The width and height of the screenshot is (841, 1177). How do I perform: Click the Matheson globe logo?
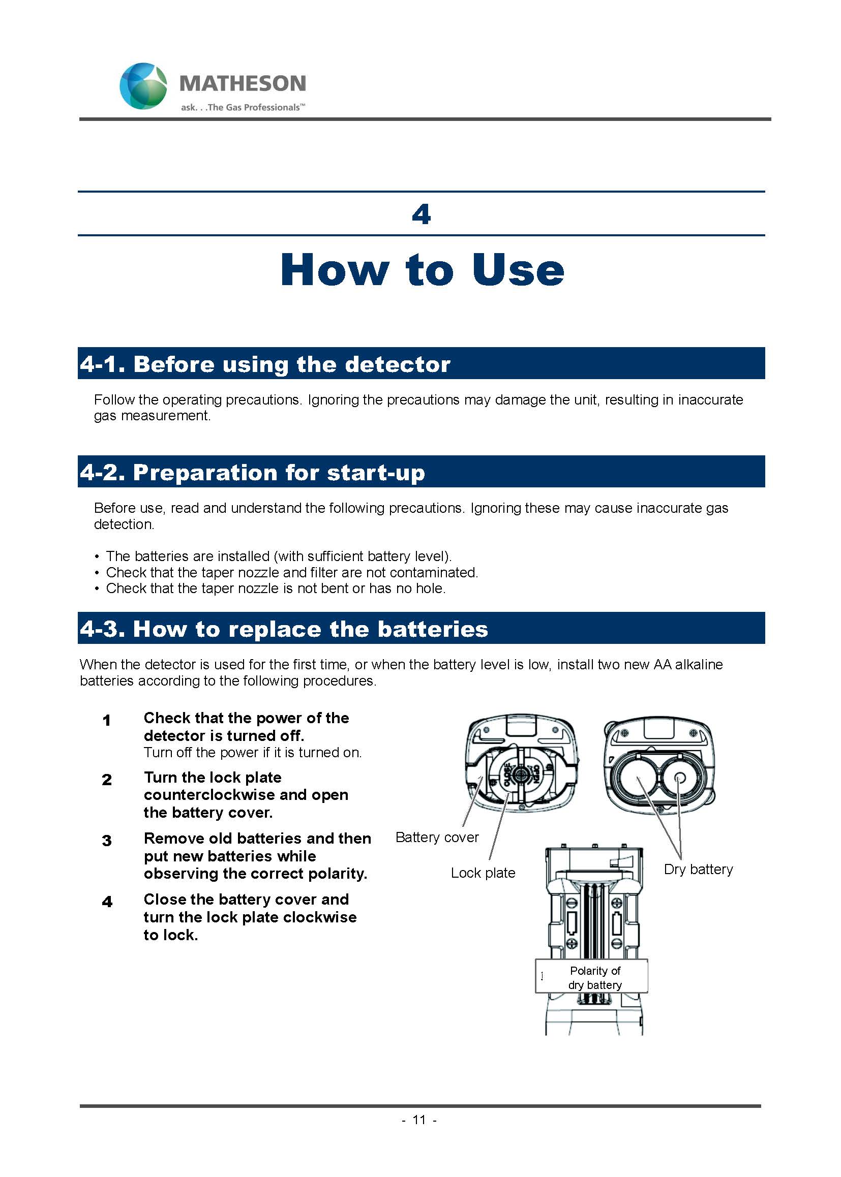pos(143,86)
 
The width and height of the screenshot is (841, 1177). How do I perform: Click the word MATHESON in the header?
pos(243,83)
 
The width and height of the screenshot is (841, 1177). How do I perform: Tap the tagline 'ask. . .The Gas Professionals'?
pos(243,108)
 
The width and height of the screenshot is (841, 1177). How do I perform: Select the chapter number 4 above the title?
pos(421,214)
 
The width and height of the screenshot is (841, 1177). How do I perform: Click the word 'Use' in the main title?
pos(517,270)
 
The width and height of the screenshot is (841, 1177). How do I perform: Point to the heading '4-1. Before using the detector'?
pos(265,364)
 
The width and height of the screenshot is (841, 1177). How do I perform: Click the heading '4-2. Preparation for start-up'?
pos(252,472)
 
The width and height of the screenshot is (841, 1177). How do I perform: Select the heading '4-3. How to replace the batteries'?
pos(284,629)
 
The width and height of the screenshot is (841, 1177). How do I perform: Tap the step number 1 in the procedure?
pos(107,720)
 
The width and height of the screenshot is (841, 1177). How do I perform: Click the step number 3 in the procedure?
pos(107,840)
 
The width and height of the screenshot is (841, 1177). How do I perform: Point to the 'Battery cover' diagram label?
pos(437,837)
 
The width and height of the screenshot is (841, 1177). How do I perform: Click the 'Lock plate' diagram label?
pos(483,873)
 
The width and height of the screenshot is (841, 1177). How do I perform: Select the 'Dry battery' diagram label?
pos(698,869)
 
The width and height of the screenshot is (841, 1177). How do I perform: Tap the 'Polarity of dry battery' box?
pos(594,977)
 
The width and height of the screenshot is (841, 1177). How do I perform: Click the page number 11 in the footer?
pos(419,1120)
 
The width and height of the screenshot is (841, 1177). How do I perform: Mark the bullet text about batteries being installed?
pos(279,556)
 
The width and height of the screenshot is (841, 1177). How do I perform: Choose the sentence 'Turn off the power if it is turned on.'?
pos(253,752)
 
